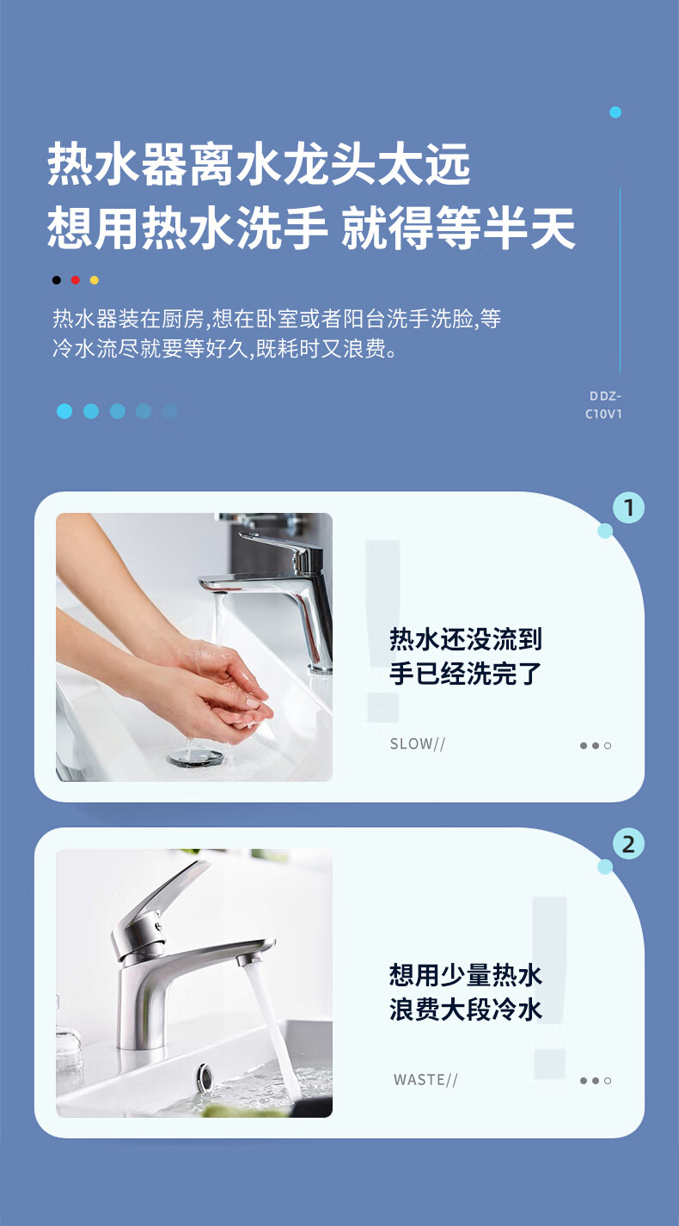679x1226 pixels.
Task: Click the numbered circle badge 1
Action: [628, 508]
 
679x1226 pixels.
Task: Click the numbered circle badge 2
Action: [628, 844]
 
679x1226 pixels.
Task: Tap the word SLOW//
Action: [417, 744]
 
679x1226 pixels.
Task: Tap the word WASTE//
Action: [425, 1080]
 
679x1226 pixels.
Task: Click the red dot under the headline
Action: [76, 280]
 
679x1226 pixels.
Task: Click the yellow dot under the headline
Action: [95, 280]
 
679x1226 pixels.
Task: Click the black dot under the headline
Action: [57, 280]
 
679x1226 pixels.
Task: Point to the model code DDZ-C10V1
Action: [603, 405]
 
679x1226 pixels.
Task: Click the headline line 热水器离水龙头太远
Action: [259, 163]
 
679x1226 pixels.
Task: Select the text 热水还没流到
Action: [466, 639]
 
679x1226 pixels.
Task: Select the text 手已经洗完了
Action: [466, 674]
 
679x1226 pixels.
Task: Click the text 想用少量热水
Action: [466, 975]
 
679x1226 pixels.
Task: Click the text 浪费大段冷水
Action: [466, 1009]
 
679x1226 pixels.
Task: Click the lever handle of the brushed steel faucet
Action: [164, 896]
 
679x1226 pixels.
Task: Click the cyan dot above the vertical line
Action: [615, 113]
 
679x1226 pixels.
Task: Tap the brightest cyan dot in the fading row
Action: [64, 411]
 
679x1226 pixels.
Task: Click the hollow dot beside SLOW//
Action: [608, 746]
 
